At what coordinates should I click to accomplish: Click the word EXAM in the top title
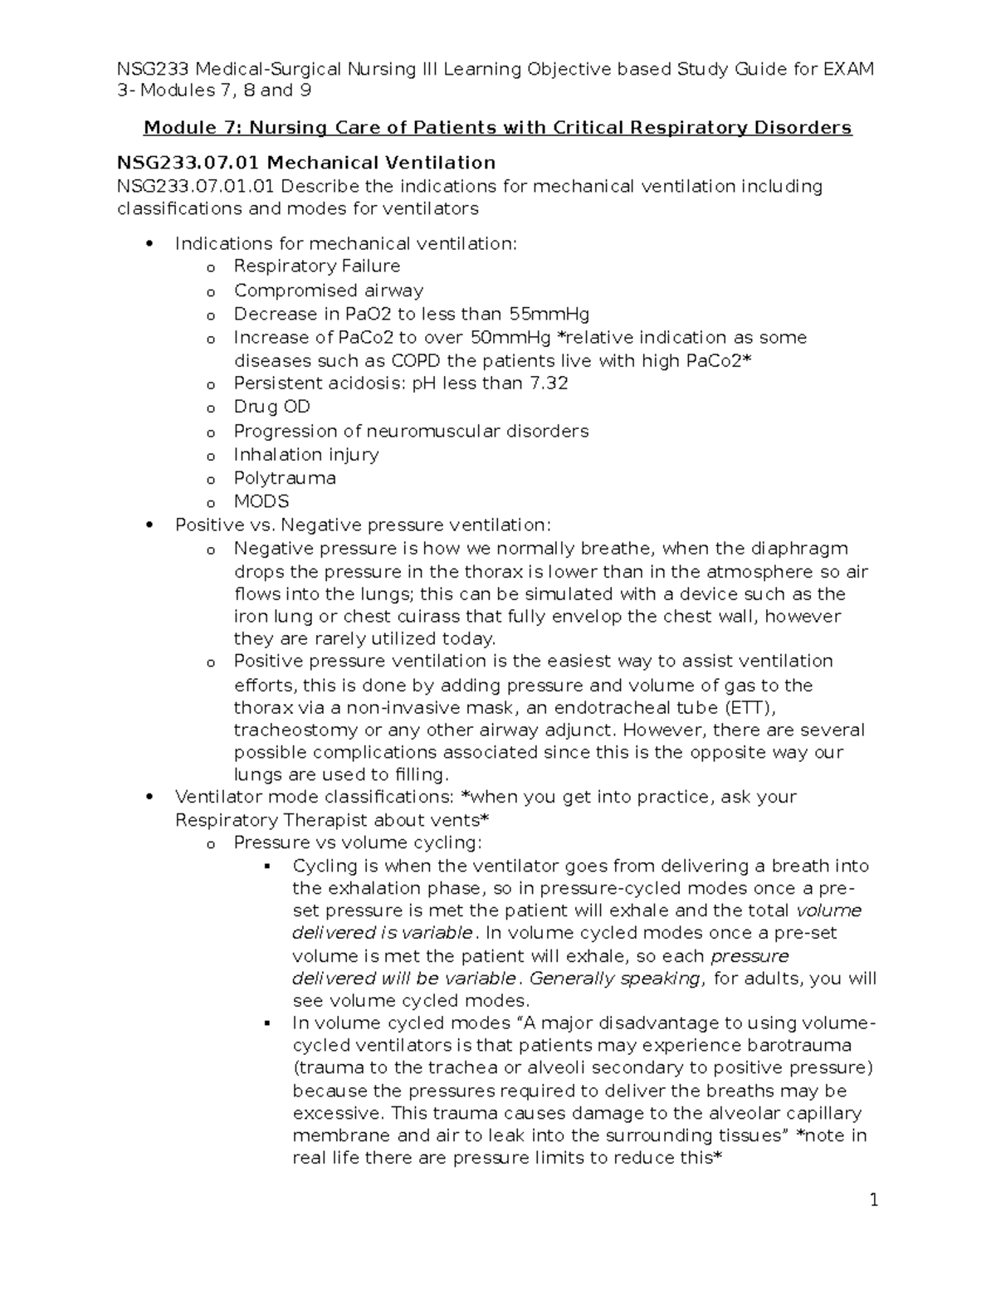pyautogui.click(x=848, y=68)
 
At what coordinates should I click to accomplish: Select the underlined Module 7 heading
pyautogui.click(x=497, y=127)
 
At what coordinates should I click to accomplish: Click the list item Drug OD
pyautogui.click(x=271, y=407)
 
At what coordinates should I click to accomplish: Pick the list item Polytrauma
pyautogui.click(x=285, y=478)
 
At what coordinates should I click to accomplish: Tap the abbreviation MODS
pyautogui.click(x=261, y=501)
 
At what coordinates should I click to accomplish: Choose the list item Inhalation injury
pyautogui.click(x=306, y=454)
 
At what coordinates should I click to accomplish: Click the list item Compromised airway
pyautogui.click(x=329, y=291)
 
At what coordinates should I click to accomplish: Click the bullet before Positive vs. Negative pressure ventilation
pyautogui.click(x=149, y=525)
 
